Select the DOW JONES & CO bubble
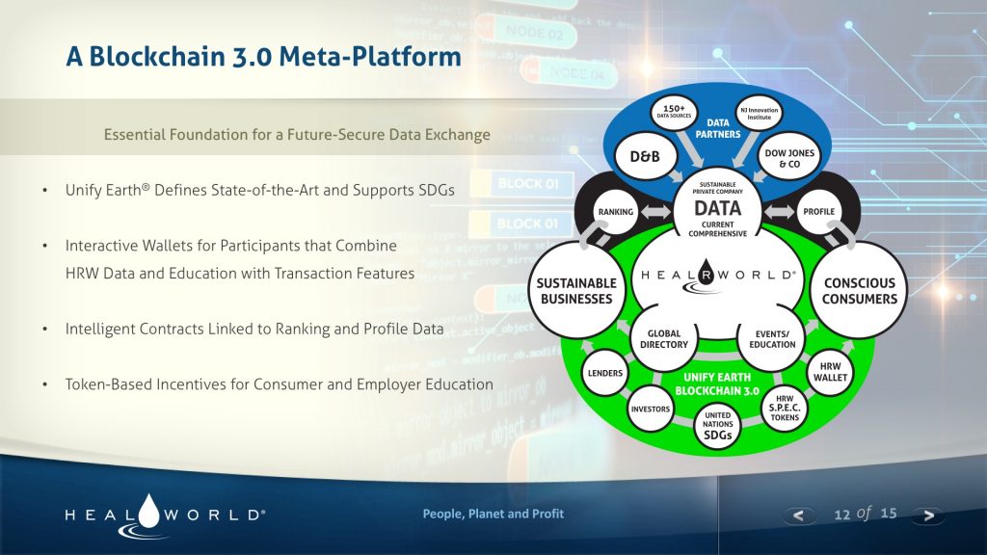pos(789,158)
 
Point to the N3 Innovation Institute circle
pos(759,114)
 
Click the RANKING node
pos(614,211)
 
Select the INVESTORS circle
pos(651,409)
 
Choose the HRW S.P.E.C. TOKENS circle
pos(786,409)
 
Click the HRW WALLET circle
pos(829,373)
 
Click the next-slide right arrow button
pos(928,515)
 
